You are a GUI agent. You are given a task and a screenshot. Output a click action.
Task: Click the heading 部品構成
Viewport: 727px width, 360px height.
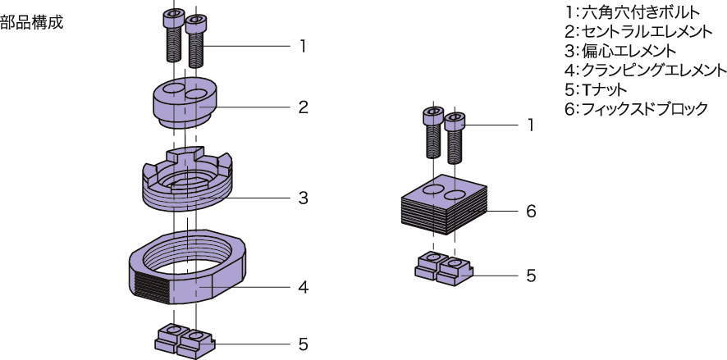tap(31, 22)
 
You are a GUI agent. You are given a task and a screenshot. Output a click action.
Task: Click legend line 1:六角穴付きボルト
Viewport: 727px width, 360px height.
tap(633, 13)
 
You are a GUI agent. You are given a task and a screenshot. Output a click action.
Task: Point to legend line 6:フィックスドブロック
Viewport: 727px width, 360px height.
tap(637, 108)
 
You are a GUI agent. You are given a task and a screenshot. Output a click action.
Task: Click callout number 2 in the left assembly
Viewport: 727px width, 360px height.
tap(303, 107)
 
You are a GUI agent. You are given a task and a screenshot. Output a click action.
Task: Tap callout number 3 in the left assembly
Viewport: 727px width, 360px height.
tap(303, 198)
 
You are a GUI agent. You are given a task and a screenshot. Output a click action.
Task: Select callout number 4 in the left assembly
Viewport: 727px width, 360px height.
tap(303, 288)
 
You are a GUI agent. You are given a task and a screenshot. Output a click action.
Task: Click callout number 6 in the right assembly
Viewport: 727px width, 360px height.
tap(531, 211)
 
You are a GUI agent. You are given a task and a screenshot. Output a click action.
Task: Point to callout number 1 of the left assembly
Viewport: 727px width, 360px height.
tap(303, 46)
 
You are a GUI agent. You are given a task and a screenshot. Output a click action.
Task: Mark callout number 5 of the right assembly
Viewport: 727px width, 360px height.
tap(531, 276)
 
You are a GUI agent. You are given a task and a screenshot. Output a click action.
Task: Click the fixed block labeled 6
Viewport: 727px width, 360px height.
tap(445, 205)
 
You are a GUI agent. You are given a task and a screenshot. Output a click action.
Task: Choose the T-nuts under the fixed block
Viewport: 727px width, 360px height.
tap(444, 268)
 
